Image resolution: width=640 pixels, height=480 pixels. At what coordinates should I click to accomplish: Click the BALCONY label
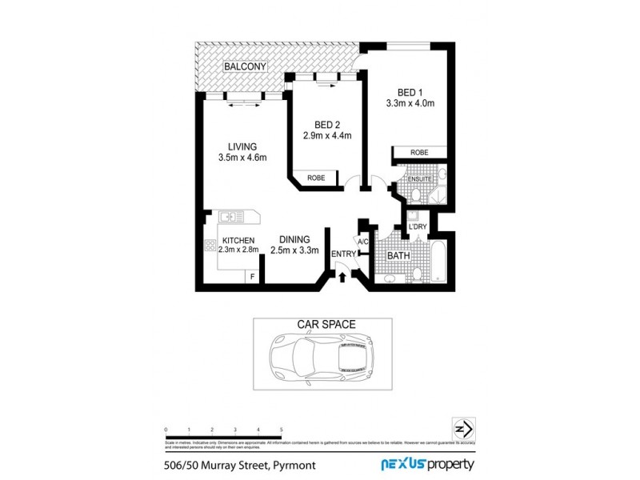click(245, 66)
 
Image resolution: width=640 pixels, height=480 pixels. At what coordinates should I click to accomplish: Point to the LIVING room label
click(242, 146)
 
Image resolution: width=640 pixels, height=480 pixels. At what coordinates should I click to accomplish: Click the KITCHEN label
click(238, 240)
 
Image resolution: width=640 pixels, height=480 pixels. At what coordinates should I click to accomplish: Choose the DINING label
click(294, 239)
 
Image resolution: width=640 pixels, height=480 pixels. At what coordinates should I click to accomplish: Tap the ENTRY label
click(343, 254)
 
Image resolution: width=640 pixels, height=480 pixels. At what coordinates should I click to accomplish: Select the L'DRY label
click(417, 227)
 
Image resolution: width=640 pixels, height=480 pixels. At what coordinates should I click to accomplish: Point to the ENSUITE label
click(420, 179)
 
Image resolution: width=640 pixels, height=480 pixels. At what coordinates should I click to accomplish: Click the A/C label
click(362, 242)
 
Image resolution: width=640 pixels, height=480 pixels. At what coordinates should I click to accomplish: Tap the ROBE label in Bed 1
click(419, 152)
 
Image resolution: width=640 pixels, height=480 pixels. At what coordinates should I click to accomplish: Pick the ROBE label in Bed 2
click(316, 178)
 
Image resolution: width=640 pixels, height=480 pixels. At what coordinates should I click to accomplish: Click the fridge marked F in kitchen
click(253, 277)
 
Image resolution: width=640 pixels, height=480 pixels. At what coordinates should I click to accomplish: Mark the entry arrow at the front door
click(343, 277)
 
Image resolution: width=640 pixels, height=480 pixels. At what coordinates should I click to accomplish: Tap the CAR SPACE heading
click(326, 325)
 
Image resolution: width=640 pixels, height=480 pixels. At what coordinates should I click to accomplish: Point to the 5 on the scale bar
click(281, 430)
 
